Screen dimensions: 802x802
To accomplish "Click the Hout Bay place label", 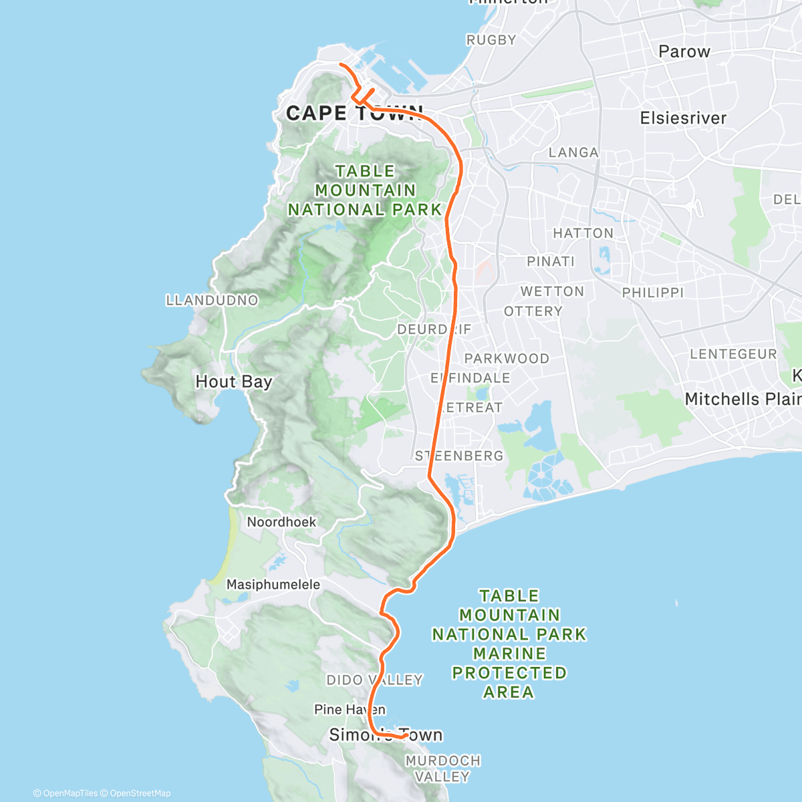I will click(x=234, y=382).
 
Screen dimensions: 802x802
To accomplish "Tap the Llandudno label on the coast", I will click(x=212, y=300).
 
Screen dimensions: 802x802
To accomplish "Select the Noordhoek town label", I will click(x=281, y=522).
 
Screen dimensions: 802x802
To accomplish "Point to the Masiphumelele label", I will click(x=273, y=585).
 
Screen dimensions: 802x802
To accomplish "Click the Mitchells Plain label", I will click(x=743, y=399).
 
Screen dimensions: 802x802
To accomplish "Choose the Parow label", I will click(x=684, y=51).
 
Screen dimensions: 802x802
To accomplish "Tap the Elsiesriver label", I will click(x=683, y=118).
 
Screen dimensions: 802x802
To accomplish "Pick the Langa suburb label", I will click(x=573, y=152).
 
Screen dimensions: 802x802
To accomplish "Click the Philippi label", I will click(x=653, y=293).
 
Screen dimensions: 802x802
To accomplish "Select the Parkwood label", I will click(x=507, y=359).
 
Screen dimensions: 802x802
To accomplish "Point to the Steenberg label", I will click(x=459, y=456).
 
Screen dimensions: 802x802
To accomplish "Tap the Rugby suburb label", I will click(x=491, y=40).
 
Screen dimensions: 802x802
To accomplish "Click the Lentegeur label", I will click(x=733, y=354).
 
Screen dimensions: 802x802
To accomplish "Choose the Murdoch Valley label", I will click(x=442, y=769).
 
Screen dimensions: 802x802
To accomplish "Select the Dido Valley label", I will click(x=374, y=680).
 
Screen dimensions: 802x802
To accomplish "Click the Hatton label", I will click(x=583, y=233).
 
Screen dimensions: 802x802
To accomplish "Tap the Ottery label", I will click(x=533, y=311).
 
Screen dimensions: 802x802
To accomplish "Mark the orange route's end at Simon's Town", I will click(x=405, y=735).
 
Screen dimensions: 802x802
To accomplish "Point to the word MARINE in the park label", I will click(x=509, y=654).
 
